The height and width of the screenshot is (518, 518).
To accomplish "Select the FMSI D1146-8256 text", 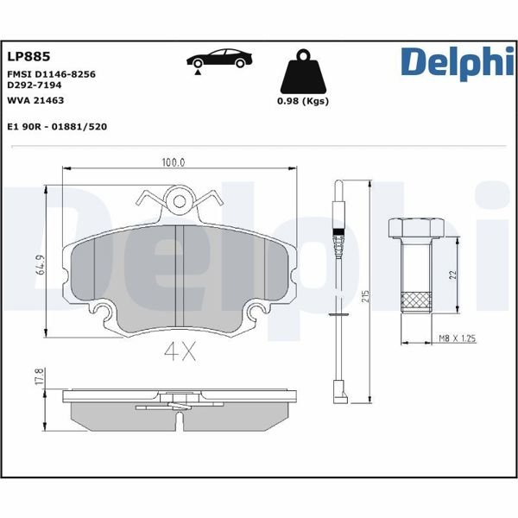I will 51,74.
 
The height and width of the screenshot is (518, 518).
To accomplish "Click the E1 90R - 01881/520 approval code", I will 56,126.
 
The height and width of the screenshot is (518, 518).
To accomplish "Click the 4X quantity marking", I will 179,351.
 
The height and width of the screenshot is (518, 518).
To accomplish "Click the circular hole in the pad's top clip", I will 180,202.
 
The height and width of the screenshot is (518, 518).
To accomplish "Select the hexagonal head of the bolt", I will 415,228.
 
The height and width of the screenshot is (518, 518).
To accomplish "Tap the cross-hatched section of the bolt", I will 416,300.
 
